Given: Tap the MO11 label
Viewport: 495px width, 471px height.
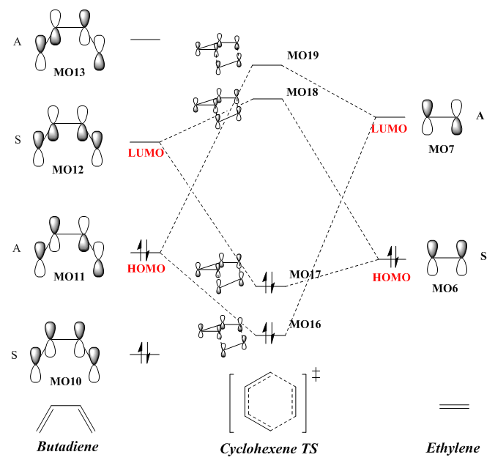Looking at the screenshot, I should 68,277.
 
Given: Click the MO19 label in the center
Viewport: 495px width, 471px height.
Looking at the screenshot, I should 302,55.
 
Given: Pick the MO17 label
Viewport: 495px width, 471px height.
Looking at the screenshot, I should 305,275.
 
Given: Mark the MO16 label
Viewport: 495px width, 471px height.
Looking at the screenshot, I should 305,324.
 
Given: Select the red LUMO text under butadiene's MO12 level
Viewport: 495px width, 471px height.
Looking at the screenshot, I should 146,152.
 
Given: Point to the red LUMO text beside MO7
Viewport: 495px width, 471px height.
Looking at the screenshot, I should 389,128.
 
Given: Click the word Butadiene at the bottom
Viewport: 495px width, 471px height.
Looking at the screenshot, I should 67,445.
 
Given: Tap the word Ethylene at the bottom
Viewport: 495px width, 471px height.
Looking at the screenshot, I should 453,448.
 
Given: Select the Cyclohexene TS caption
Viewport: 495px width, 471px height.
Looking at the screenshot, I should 269,448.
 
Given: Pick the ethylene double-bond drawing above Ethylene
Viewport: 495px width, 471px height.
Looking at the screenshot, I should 454,406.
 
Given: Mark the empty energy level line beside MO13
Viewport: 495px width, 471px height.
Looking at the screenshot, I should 144,39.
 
